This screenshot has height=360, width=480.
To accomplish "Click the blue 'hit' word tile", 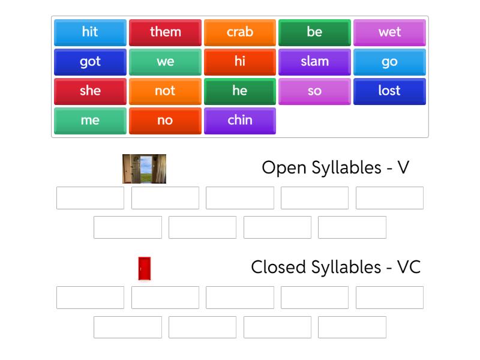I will click(x=90, y=32).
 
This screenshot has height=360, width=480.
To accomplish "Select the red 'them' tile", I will click(x=165, y=32).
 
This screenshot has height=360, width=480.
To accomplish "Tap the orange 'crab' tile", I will click(x=240, y=32).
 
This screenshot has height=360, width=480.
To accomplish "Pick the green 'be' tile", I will click(x=314, y=32).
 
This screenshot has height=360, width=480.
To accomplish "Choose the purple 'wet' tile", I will click(x=389, y=32).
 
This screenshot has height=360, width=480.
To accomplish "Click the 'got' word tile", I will click(x=90, y=62).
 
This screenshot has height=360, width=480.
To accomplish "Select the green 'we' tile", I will click(x=165, y=62).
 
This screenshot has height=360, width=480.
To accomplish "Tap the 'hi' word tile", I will click(x=240, y=62).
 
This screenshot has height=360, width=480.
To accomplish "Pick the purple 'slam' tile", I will click(x=314, y=62).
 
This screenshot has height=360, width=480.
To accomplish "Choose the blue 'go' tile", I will click(x=389, y=62).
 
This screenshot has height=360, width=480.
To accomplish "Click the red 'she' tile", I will click(x=90, y=91).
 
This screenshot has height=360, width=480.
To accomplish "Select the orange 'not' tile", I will click(x=165, y=91).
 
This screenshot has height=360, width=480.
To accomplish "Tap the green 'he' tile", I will click(x=240, y=91).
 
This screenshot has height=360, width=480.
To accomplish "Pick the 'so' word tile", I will click(x=314, y=91).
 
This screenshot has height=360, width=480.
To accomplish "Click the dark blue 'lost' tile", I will click(x=389, y=91).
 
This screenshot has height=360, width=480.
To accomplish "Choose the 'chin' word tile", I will click(x=240, y=121).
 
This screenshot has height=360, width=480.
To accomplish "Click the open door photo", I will click(x=144, y=169).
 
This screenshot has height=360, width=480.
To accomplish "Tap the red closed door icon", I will click(x=144, y=268).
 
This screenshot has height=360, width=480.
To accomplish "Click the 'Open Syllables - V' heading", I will click(x=335, y=167).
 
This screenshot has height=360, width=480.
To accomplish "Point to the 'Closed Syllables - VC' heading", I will click(x=335, y=267).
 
